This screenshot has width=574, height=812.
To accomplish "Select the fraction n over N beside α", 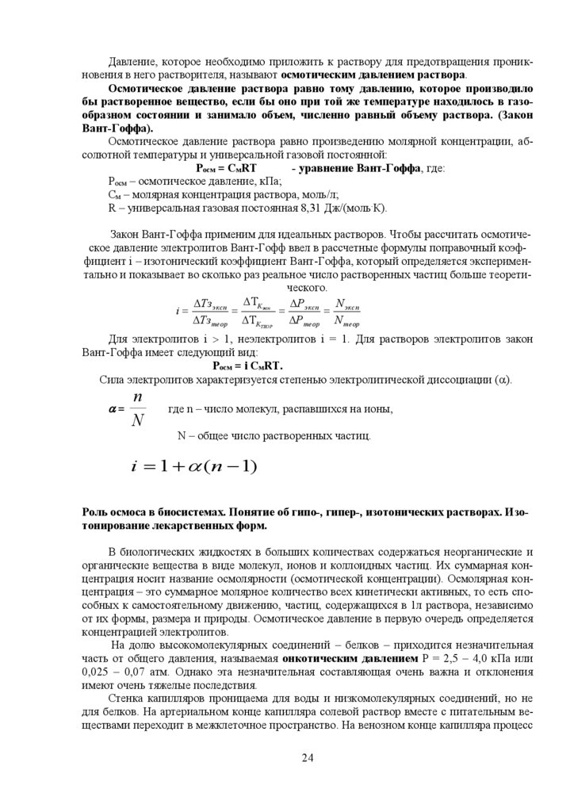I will [137, 409].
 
